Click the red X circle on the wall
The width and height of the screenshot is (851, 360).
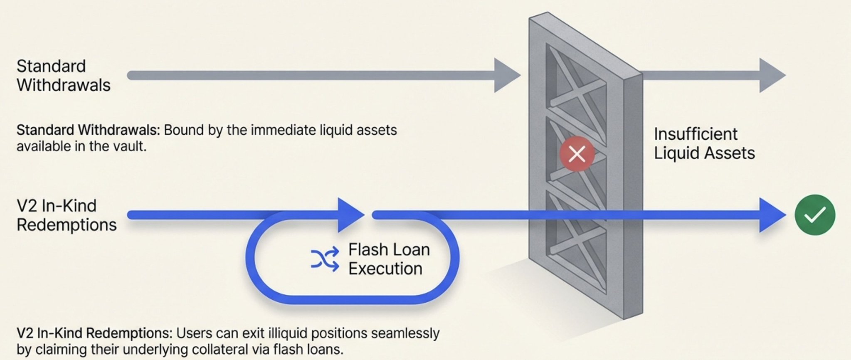pyautogui.click(x=577, y=154)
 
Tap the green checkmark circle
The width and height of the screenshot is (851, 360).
pyautogui.click(x=814, y=215)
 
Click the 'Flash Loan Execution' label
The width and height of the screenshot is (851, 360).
pyautogui.click(x=389, y=259)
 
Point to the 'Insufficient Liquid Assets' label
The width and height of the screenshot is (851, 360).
pyautogui.click(x=704, y=143)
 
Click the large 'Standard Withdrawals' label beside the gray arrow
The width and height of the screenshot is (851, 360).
pyautogui.click(x=63, y=76)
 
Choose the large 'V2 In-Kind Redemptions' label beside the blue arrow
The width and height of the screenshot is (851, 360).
pyautogui.click(x=66, y=215)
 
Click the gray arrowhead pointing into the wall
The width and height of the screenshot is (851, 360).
pyautogui.click(x=506, y=75)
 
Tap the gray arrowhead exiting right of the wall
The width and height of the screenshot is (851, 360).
pyautogui.click(x=771, y=75)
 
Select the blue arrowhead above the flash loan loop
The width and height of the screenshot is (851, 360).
pyautogui.click(x=350, y=215)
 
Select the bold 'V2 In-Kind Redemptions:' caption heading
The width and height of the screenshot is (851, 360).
pyautogui.click(x=94, y=333)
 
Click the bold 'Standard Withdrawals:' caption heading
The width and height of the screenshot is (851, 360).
pyautogui.click(x=88, y=130)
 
